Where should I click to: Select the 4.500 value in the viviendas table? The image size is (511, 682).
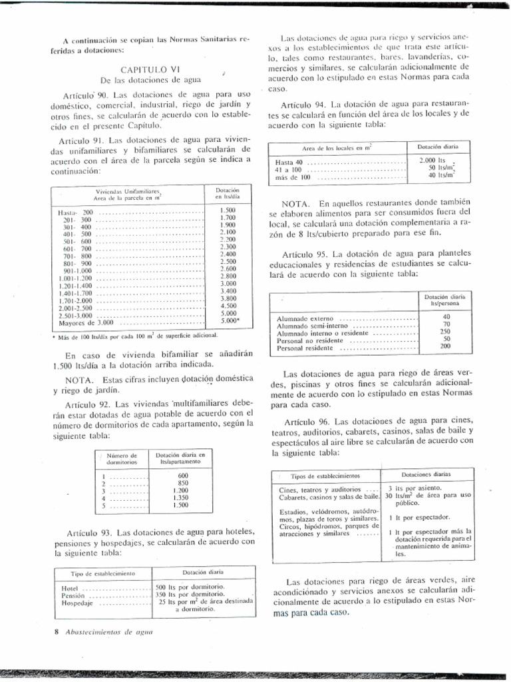[228, 306]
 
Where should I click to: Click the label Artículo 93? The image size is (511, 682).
[90, 533]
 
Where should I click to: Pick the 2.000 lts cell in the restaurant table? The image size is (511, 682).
[434, 161]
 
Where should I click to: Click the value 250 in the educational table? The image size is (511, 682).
[446, 332]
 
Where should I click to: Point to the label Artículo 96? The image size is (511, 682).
[308, 422]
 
